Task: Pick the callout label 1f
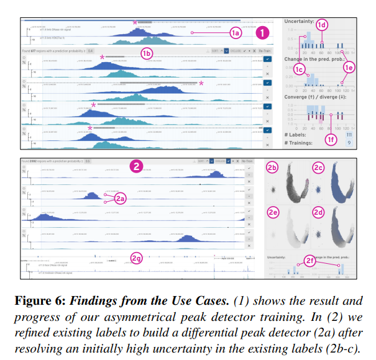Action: (x=332, y=142)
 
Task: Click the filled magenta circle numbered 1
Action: (x=264, y=32)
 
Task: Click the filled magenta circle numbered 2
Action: (x=135, y=166)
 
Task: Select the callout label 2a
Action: (x=120, y=199)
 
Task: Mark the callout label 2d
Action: (x=319, y=212)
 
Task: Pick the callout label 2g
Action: (x=136, y=257)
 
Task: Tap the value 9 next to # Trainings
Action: (x=350, y=142)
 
